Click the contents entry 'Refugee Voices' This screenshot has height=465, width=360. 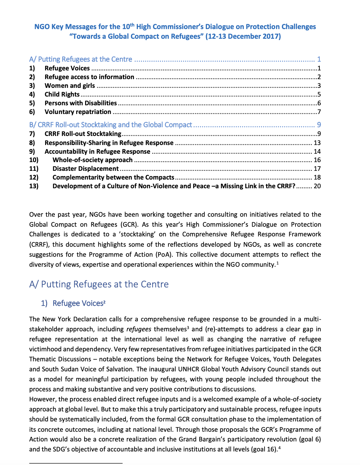pyautogui.click(x=67, y=68)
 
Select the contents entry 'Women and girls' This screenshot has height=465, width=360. pyautogui.click(x=70, y=86)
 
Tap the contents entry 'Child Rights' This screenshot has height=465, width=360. pyautogui.click(x=62, y=94)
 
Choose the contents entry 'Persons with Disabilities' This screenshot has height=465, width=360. pyautogui.click(x=81, y=103)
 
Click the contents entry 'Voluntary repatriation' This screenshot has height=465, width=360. pyautogui.click(x=78, y=112)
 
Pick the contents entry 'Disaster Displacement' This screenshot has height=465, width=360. pyautogui.click(x=85, y=169)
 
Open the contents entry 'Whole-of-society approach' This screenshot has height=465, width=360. pyautogui.click(x=92, y=160)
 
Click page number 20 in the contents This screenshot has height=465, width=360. pyautogui.click(x=317, y=186)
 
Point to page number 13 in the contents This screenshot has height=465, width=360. pyautogui.click(x=317, y=143)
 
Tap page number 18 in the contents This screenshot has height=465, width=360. pyautogui.click(x=317, y=177)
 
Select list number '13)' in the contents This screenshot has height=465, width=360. pyautogui.click(x=34, y=186)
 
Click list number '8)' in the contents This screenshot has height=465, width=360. pyautogui.click(x=32, y=143)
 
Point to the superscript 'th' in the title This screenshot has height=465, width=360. pyautogui.click(x=132, y=25)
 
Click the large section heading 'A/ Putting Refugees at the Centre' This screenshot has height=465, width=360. pyautogui.click(x=99, y=284)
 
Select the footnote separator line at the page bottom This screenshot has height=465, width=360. pyautogui.click(x=76, y=463)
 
